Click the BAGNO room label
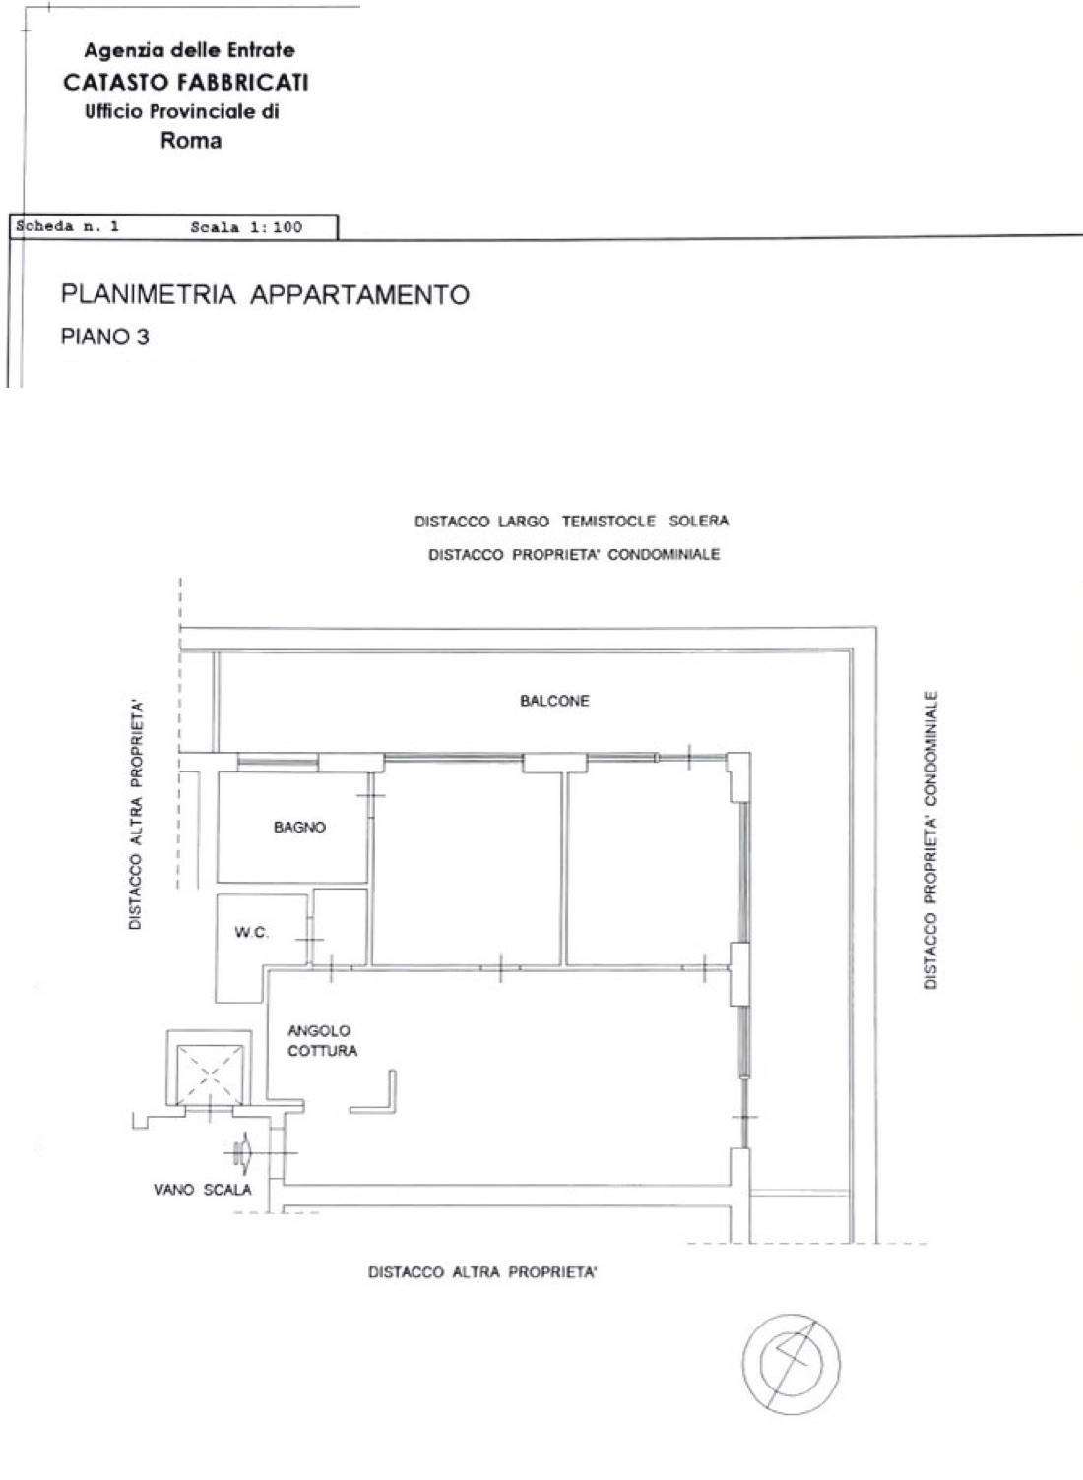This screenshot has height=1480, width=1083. click(x=299, y=827)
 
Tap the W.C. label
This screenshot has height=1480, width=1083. click(x=251, y=932)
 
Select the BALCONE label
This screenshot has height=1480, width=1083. click(x=554, y=701)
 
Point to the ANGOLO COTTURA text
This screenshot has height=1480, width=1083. click(x=322, y=1041)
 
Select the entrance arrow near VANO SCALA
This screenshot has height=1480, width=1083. click(x=242, y=1153)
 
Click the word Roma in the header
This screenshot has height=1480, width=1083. click(x=191, y=140)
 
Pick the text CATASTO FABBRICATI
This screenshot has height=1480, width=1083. click(x=186, y=82)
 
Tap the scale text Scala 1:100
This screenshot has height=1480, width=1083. click(x=246, y=227)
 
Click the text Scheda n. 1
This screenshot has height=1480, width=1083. click(x=67, y=226)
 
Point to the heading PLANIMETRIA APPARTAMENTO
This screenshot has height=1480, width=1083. click(x=265, y=294)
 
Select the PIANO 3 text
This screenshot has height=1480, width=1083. click(x=105, y=337)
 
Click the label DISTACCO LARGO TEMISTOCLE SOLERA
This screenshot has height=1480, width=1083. click(x=571, y=521)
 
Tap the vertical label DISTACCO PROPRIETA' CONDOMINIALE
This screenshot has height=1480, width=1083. click(x=931, y=839)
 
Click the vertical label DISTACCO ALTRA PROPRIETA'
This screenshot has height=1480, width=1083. click(x=136, y=816)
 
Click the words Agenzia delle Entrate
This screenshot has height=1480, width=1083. click(x=189, y=50)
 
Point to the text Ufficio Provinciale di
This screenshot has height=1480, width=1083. click(x=182, y=111)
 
